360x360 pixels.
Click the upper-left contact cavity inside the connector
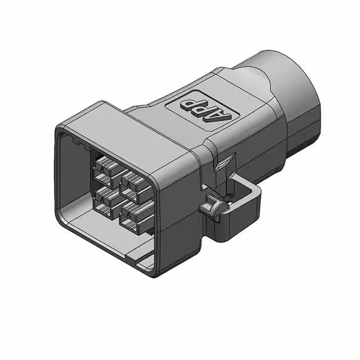point(106,166)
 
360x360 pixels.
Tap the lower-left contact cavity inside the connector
point(105,197)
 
